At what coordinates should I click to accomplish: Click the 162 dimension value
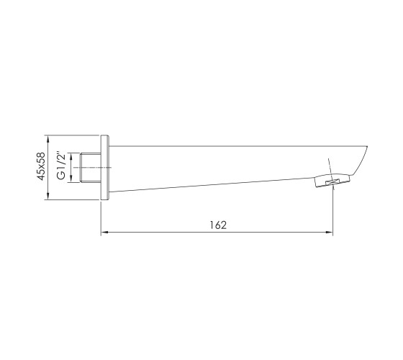coord(218,225)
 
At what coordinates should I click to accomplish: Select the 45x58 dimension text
coord(41,166)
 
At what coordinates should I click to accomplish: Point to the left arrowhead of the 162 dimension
coord(104,232)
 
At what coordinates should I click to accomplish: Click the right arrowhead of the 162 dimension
coord(330,232)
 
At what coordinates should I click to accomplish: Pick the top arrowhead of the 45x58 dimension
coord(47,139)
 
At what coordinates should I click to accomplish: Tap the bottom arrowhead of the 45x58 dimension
coord(47,196)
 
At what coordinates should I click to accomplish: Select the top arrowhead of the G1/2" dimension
coord(71,157)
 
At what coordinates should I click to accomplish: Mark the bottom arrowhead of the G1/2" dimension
coord(71,179)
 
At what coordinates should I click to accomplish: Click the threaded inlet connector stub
coord(91,168)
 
